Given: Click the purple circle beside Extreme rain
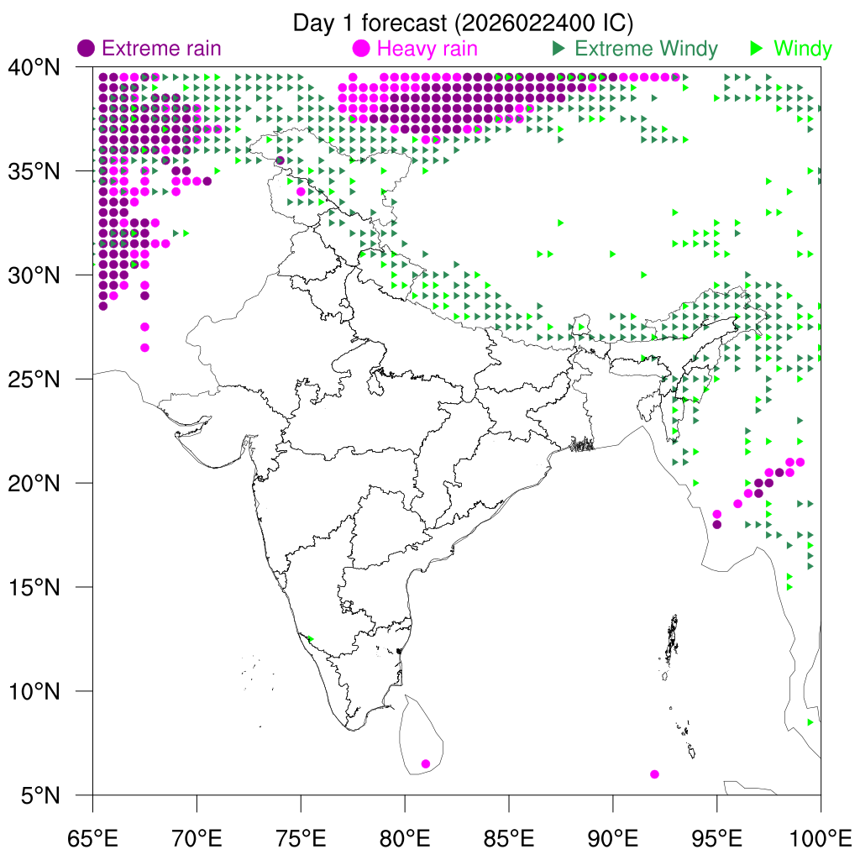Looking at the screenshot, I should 86,49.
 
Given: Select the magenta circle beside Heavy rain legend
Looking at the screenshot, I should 362,49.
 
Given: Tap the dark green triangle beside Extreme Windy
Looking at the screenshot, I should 557,49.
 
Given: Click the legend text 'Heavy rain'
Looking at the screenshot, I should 427,49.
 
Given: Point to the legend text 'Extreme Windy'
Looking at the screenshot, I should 646,49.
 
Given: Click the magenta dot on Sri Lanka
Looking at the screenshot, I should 426,763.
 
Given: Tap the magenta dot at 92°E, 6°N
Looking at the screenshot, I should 654,773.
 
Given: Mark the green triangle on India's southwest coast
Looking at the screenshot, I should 311,639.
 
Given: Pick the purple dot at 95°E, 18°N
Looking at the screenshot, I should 716,524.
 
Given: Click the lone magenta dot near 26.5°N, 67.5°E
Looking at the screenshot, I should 144,348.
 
